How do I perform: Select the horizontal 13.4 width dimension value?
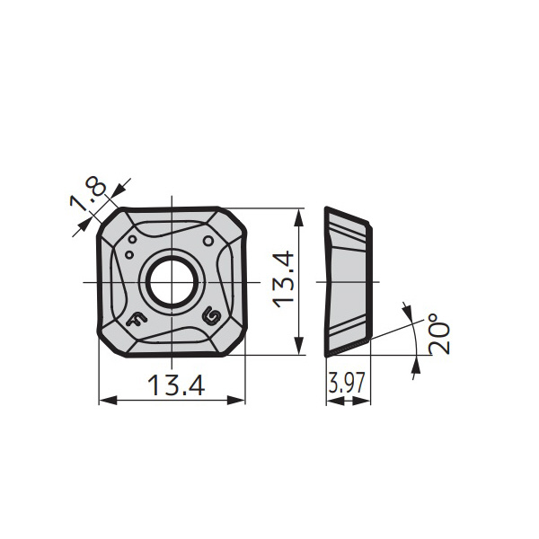pos(176,385)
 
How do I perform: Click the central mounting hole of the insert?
pos(171,282)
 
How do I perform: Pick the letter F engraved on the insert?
pos(137,319)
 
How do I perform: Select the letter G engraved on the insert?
pos(211,316)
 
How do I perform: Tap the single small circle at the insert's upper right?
pos(209,240)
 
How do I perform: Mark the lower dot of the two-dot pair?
pos(128,254)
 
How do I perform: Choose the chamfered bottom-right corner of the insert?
pos(234,344)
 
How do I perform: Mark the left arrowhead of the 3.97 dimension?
pos(330,401)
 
